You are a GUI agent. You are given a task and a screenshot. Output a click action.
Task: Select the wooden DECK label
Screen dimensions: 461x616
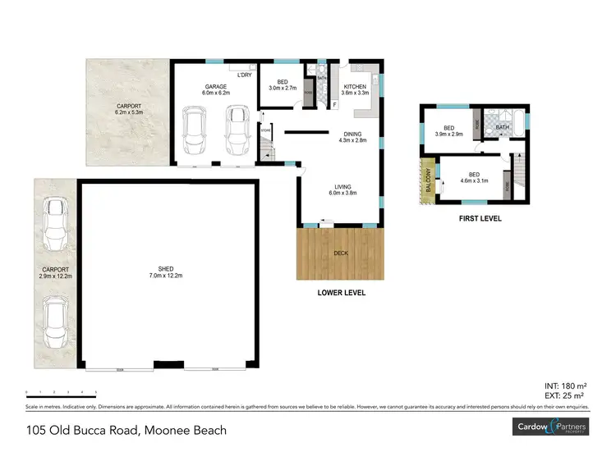[340, 253]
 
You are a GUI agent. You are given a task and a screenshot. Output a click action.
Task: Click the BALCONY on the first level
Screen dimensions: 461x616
[428, 180]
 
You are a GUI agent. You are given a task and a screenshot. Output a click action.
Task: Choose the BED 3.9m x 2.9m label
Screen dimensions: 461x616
[448, 131]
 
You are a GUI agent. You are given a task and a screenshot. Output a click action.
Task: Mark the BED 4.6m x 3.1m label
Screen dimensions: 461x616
[474, 178]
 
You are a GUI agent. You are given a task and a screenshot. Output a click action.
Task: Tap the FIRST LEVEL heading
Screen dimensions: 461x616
[480, 219]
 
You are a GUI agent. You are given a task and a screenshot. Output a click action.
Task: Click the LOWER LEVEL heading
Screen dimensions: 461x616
[341, 293]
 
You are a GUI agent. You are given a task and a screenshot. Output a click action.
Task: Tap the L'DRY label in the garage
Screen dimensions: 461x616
[244, 75]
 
